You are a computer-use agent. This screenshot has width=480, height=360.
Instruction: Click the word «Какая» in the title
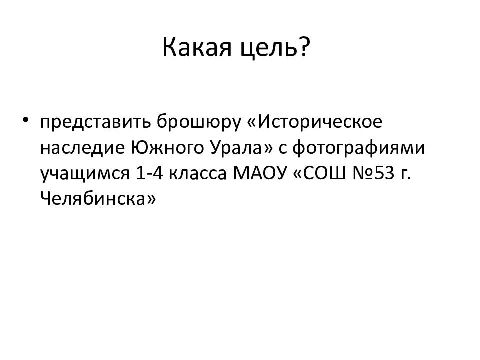coord(197,48)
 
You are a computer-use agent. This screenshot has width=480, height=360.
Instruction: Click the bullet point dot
coord(26,119)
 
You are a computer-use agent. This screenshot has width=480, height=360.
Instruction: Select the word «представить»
coord(96,122)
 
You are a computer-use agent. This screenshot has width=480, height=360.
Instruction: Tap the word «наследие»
coord(83,148)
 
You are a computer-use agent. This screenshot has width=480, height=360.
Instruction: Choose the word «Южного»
coord(168,148)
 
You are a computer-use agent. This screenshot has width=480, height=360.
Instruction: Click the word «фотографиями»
coord(359,148)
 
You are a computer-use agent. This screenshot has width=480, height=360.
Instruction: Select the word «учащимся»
coord(85,174)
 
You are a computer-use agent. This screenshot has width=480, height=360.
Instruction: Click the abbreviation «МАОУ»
coord(260,173)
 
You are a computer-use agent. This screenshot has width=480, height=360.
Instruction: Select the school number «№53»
coord(374,173)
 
